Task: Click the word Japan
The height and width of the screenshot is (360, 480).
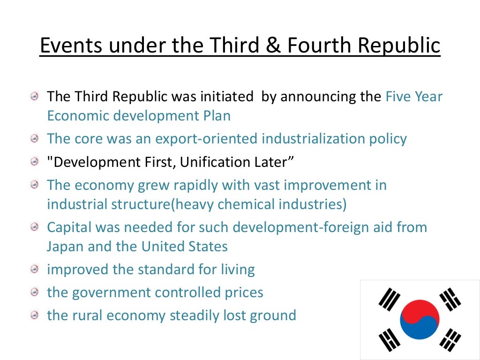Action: pyautogui.click(x=65, y=246)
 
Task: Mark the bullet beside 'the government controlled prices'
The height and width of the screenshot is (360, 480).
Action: pyautogui.click(x=35, y=293)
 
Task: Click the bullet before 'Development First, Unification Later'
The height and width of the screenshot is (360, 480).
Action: pyautogui.click(x=35, y=163)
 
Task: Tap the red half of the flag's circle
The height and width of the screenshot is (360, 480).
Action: pyautogui.click(x=417, y=312)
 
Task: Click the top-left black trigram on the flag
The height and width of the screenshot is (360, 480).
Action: pyautogui.click(x=389, y=299)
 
